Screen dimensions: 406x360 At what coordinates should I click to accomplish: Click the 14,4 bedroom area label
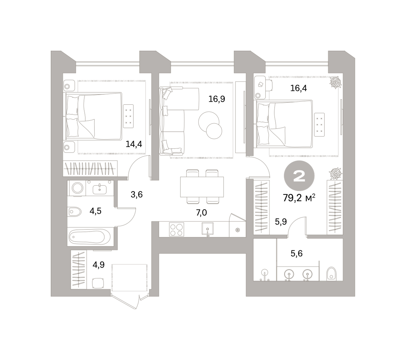pos(134,144)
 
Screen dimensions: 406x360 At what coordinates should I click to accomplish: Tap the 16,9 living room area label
pos(217,99)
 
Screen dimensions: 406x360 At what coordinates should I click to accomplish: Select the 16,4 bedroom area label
pos(298,88)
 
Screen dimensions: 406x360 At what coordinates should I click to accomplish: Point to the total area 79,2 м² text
pos(299,198)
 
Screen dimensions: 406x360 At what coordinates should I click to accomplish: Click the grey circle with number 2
pos(299,175)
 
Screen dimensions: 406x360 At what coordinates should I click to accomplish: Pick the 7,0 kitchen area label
pos(201,213)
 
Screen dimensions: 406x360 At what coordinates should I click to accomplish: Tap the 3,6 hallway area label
pos(137,194)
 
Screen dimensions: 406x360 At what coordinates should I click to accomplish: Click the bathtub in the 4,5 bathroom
pos(89,237)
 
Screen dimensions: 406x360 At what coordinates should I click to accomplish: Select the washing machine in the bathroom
pos(77,188)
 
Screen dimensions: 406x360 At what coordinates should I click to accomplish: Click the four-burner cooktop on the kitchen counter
pos(176,230)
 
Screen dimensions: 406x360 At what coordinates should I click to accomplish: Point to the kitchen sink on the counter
pos(207,229)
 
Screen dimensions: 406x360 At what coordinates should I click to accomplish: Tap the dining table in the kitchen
pos(202,187)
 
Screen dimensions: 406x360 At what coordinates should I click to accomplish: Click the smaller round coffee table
pos(214,131)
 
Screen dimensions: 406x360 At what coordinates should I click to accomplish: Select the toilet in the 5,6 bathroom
pos(331,274)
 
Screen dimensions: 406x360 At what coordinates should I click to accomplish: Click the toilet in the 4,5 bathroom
pos(74,212)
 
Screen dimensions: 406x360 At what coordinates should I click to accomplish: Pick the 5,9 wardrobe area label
pos(280,222)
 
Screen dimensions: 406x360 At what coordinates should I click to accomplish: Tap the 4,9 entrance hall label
pos(98,265)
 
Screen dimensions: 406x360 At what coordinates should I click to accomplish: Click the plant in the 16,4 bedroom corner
pos(335,82)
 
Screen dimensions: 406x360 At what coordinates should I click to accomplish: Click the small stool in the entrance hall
pos(98,283)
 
